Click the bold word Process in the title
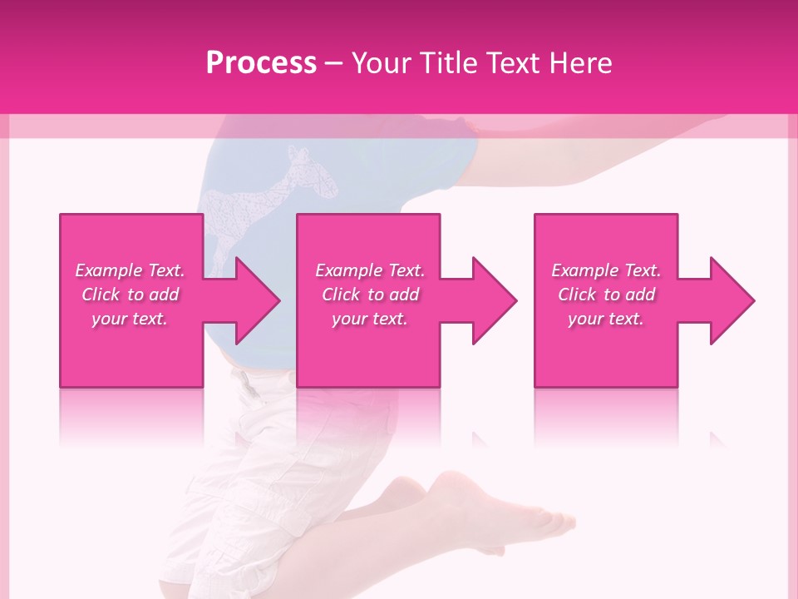[x=261, y=63]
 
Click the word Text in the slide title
[x=514, y=63]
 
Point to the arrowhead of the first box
[x=258, y=300]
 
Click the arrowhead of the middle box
[x=495, y=300]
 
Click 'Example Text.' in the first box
[x=130, y=270]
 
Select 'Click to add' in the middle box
[x=370, y=295]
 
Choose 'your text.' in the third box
[x=605, y=319]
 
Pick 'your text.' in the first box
[x=130, y=319]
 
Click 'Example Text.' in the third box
[x=605, y=270]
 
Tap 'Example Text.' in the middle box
[x=370, y=270]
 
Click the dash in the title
[x=334, y=63]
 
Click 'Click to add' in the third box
[x=605, y=295]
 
